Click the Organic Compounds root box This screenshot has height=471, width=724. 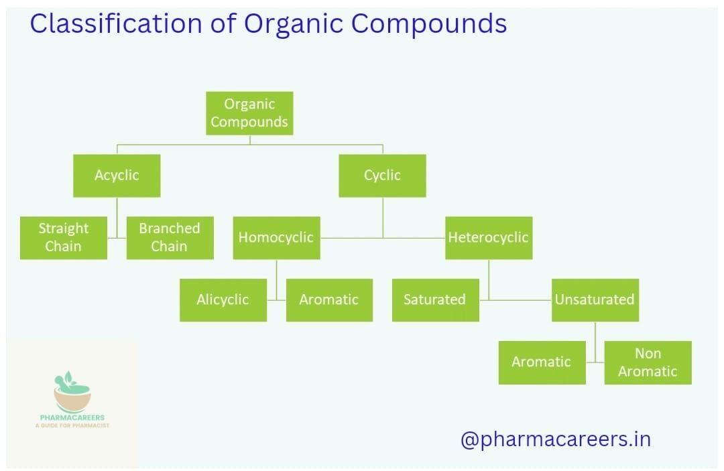(x=249, y=113)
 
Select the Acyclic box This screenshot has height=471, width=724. (x=117, y=176)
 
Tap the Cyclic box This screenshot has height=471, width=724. (x=382, y=176)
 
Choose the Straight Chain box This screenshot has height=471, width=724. (x=64, y=238)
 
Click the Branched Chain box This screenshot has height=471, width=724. (x=170, y=238)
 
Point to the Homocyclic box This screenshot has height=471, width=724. (x=276, y=238)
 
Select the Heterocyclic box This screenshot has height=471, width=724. (x=489, y=238)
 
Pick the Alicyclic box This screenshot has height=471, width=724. (x=223, y=300)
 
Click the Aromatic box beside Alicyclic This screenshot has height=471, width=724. (x=329, y=300)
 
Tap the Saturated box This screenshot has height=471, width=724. (x=435, y=300)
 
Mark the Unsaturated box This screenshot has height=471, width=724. (x=595, y=300)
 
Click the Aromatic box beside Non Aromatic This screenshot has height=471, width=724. (x=542, y=362)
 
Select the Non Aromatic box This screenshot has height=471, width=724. (x=648, y=362)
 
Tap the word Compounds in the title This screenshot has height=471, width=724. (x=429, y=24)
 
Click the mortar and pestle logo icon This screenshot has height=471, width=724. (x=72, y=391)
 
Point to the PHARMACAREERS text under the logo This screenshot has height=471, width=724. (x=72, y=417)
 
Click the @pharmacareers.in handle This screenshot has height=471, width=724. (x=555, y=440)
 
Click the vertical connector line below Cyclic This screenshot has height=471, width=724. (x=383, y=217)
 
